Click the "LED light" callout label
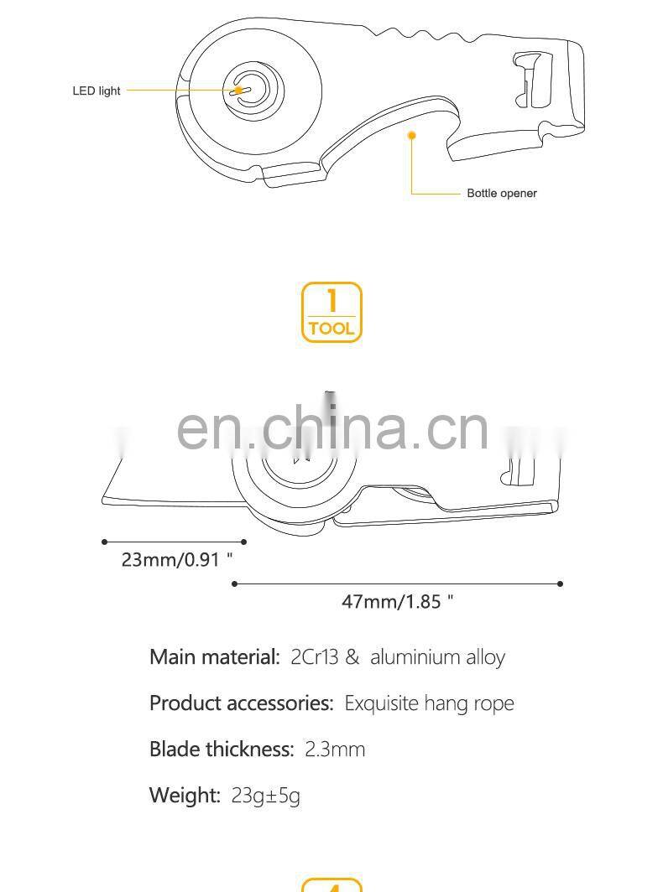pos(97,91)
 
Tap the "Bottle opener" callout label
pos(501,194)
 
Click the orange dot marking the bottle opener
pos(411,134)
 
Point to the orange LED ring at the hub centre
pos(241,91)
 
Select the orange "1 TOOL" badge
pos(331,312)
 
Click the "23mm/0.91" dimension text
pos(177,559)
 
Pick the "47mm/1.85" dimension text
pos(397,601)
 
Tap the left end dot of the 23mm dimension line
pos(105,542)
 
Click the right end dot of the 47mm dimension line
pos(560,583)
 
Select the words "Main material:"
pos(214,656)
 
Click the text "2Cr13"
pos(314,656)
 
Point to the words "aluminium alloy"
pos(437,656)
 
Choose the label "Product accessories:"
pos(242,703)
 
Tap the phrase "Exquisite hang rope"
pos(429,703)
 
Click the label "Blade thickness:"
pos(222,749)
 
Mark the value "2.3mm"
pos(335,749)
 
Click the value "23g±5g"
pos(265,795)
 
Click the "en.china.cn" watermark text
pos(332,428)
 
